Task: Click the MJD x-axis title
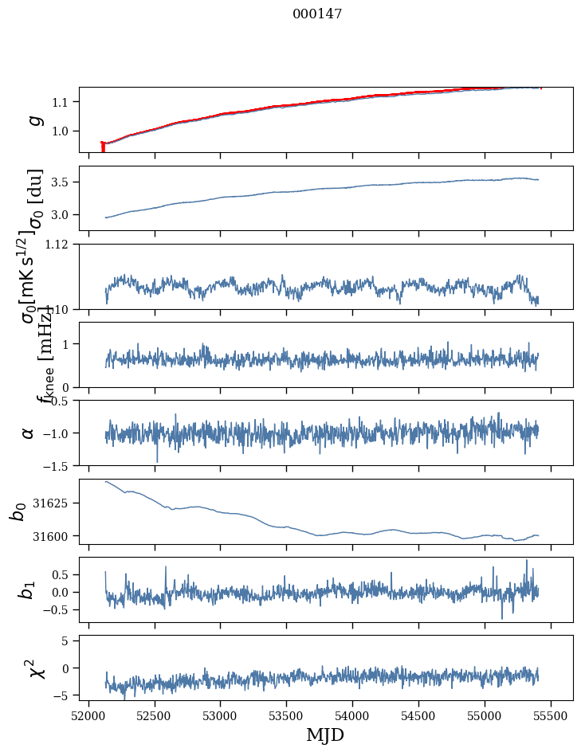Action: tap(325, 734)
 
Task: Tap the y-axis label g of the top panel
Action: tap(33, 119)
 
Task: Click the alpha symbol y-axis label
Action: tap(29, 433)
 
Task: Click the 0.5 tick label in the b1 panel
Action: tap(65, 574)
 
